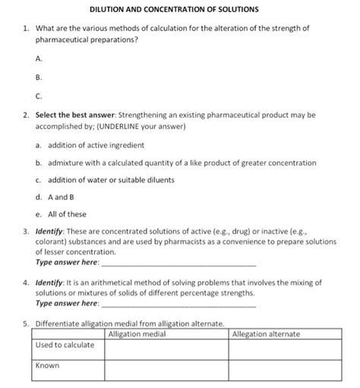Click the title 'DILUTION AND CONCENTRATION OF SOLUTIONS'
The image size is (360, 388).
click(174, 10)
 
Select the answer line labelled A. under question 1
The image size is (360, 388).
click(39, 57)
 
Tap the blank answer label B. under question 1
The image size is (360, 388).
click(39, 77)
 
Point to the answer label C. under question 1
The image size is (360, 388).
click(39, 96)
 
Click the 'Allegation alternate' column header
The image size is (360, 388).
click(265, 333)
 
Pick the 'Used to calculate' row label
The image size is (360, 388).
click(65, 345)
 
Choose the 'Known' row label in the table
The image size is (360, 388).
click(48, 365)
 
